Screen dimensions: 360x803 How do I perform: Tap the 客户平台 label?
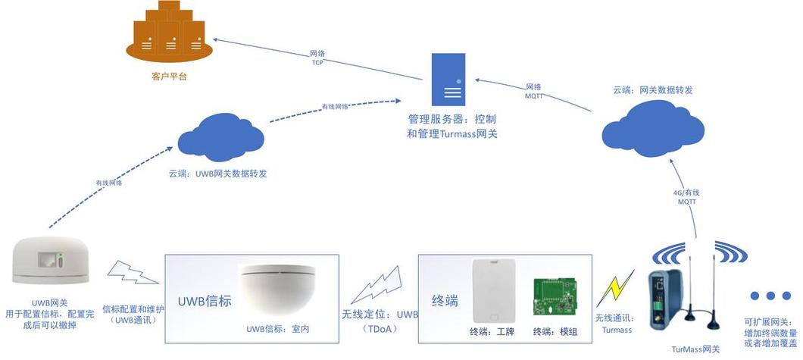point(169,77)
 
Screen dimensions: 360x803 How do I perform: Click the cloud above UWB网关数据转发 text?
point(220,136)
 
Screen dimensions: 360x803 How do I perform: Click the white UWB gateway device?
point(52,261)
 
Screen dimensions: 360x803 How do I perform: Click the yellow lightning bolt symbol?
point(616,288)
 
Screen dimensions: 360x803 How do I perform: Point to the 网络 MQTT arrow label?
point(534,91)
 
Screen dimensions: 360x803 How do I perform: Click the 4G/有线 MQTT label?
point(686,196)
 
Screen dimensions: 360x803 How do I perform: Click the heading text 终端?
point(445,301)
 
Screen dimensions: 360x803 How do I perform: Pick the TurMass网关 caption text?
point(695,349)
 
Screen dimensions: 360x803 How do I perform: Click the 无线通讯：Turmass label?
point(614,324)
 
